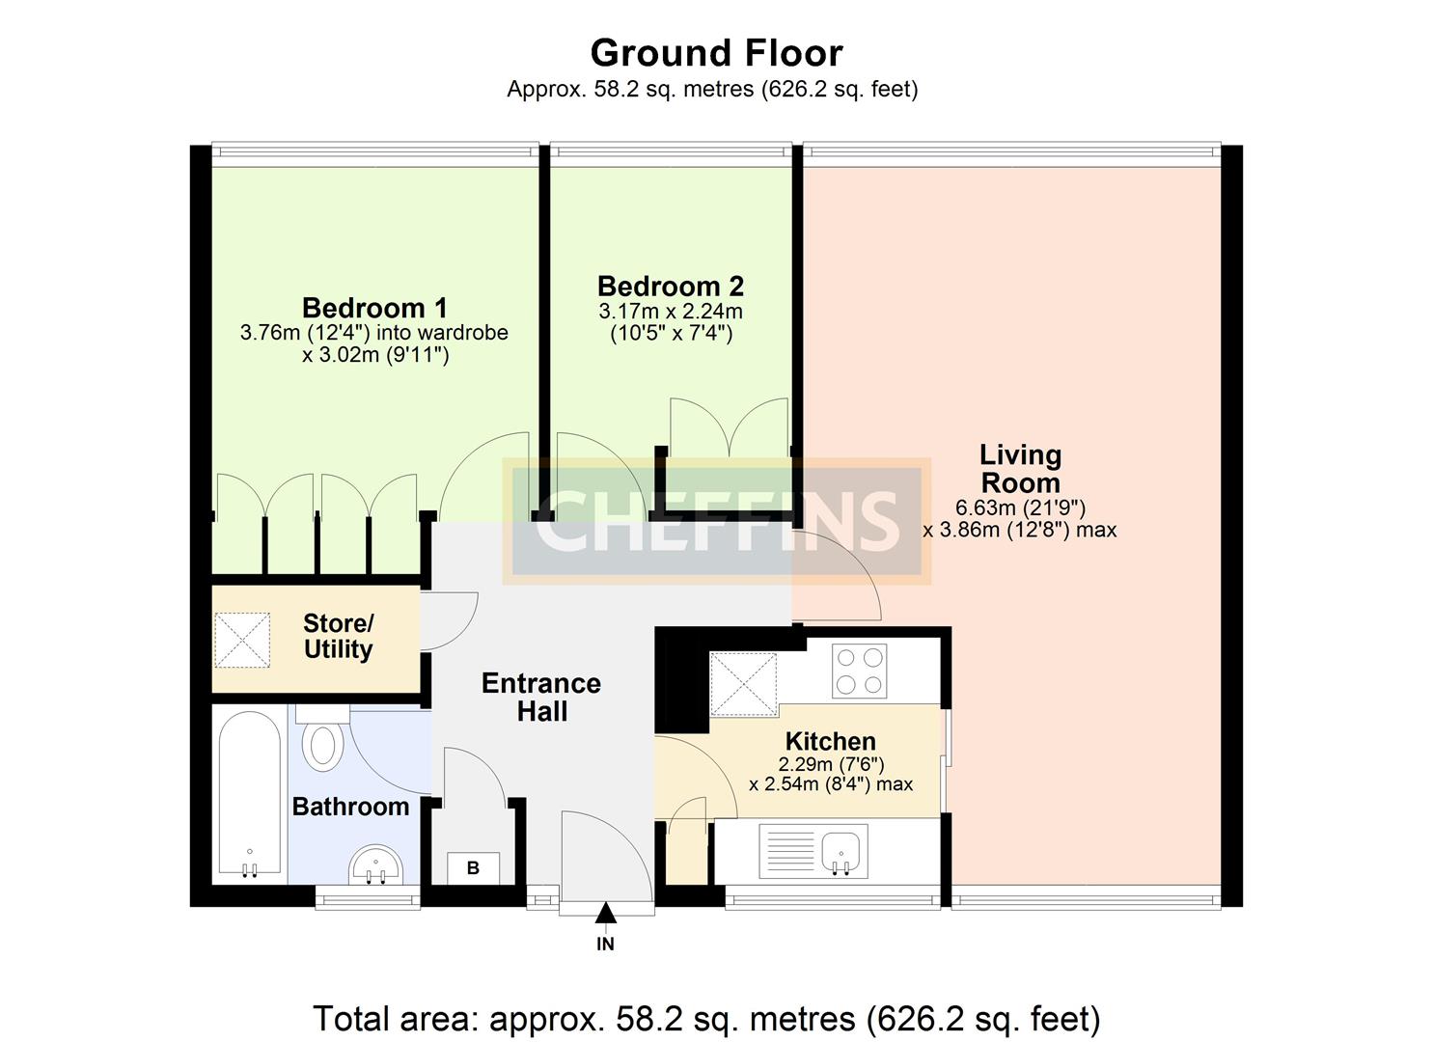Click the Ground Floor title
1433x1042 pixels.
pyautogui.click(x=716, y=52)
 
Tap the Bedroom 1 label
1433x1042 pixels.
pyautogui.click(x=374, y=308)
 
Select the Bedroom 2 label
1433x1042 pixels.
pyautogui.click(x=671, y=286)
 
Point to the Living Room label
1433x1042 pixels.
pyautogui.click(x=1020, y=469)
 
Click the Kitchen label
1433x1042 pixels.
pyautogui.click(x=830, y=741)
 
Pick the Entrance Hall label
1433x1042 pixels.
pyautogui.click(x=541, y=697)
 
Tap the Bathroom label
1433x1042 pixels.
pyautogui.click(x=350, y=807)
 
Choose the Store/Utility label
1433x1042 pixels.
pyautogui.click(x=338, y=637)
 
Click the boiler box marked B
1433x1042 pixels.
pyautogui.click(x=473, y=868)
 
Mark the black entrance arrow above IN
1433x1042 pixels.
pyautogui.click(x=605, y=913)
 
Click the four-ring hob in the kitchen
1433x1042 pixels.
pyautogui.click(x=859, y=671)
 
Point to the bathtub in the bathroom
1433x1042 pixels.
pyautogui.click(x=249, y=795)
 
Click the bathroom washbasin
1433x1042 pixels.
pyautogui.click(x=375, y=864)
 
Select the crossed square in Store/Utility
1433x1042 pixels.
pyautogui.click(x=242, y=640)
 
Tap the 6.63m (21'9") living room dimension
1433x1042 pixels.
pyautogui.click(x=1020, y=507)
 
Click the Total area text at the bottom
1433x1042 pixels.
pyautogui.click(x=706, y=1018)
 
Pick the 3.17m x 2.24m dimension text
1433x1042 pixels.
pyautogui.click(x=671, y=312)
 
